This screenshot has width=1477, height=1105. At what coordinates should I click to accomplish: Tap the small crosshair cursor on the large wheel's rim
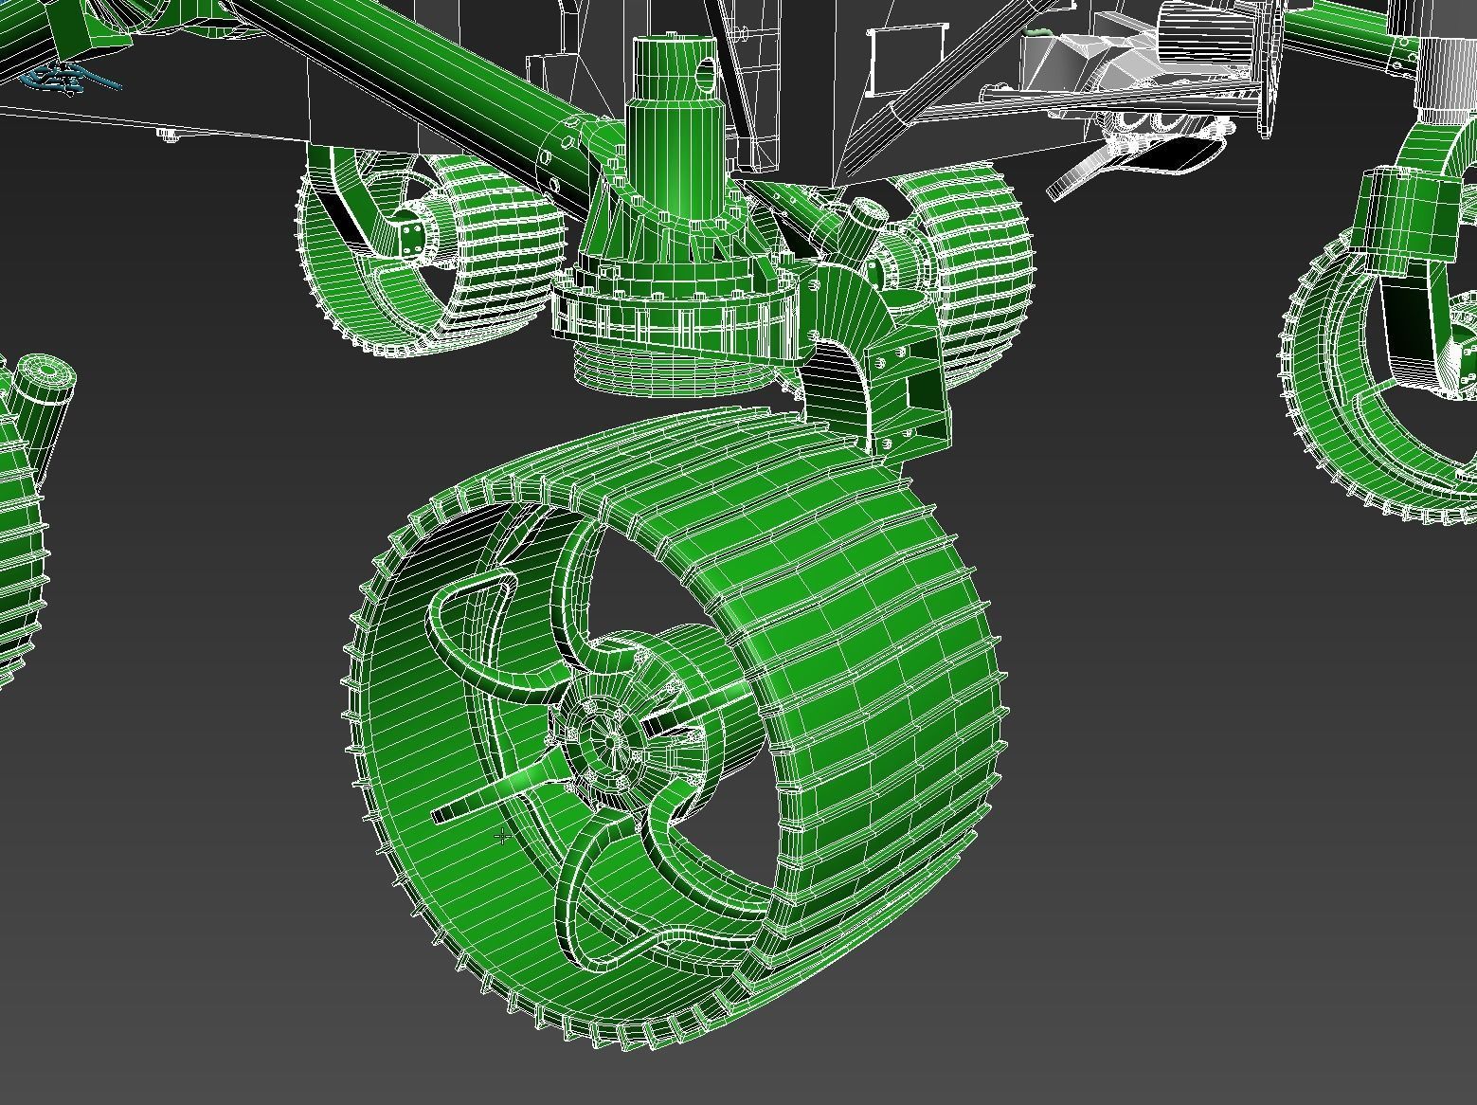pyautogui.click(x=502, y=836)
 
